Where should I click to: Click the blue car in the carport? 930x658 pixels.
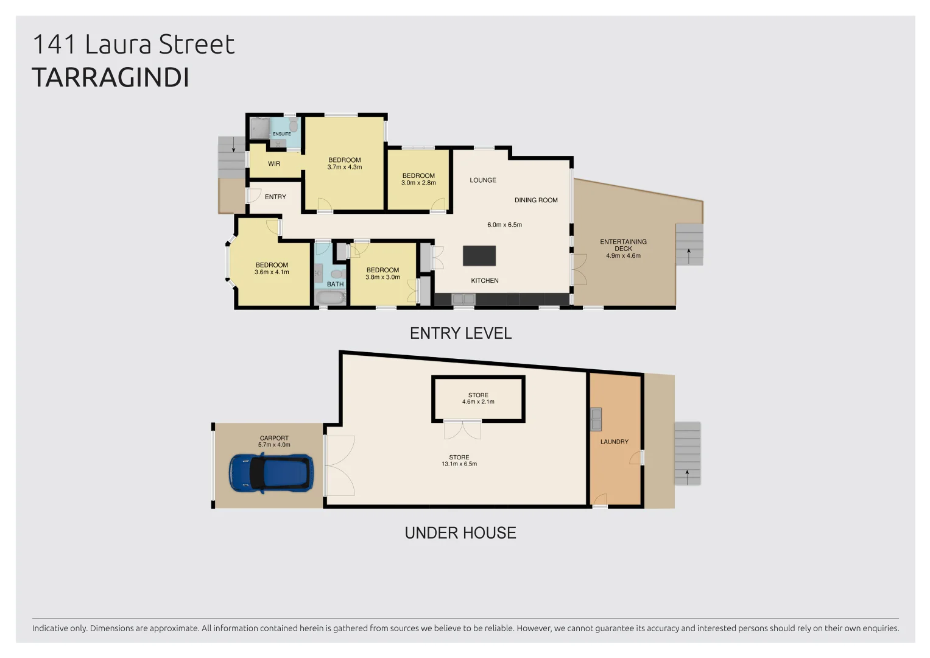coord(271,473)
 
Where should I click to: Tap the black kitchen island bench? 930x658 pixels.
coord(479,256)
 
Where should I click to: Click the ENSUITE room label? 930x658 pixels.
coord(281,134)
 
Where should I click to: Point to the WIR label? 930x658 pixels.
coord(274,164)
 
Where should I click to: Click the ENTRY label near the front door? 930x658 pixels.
coord(275,197)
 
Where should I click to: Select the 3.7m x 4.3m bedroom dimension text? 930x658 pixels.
coord(345,168)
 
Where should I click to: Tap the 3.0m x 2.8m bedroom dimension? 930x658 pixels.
coord(418,183)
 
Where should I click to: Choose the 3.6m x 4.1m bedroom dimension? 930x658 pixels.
coord(272,272)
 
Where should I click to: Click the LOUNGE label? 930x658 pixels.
coord(483,180)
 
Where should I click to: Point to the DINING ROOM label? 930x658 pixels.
coord(536,200)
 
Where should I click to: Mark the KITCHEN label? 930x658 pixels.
coord(485,281)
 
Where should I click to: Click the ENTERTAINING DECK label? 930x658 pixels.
coord(623,245)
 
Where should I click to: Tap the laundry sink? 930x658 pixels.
coord(596,419)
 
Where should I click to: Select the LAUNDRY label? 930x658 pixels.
coord(614,442)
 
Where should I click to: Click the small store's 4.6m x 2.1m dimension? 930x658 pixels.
coord(478,402)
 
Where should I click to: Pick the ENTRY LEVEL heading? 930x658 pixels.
coord(460,333)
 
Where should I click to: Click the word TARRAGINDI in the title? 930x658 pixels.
coord(110,78)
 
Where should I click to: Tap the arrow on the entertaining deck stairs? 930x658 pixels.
coord(689,255)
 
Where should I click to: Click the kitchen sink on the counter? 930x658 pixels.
coord(463,299)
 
